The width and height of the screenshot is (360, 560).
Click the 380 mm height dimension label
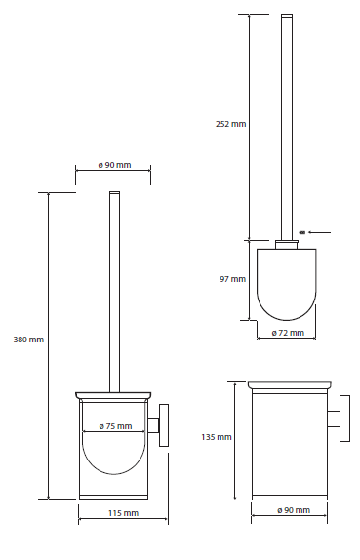tap(28, 340)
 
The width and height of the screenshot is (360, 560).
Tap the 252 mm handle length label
tap(230, 124)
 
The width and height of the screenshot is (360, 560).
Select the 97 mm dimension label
tap(232, 279)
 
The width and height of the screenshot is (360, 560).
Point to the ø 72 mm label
tap(288, 333)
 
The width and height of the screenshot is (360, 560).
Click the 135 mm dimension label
tap(217, 437)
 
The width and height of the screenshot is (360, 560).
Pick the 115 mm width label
tap(123, 513)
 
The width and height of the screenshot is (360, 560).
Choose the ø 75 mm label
tap(115, 426)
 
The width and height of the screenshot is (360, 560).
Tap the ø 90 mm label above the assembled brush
tap(115, 165)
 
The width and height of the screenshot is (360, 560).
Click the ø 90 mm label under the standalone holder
tap(294, 510)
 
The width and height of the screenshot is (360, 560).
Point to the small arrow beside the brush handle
tap(320, 232)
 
